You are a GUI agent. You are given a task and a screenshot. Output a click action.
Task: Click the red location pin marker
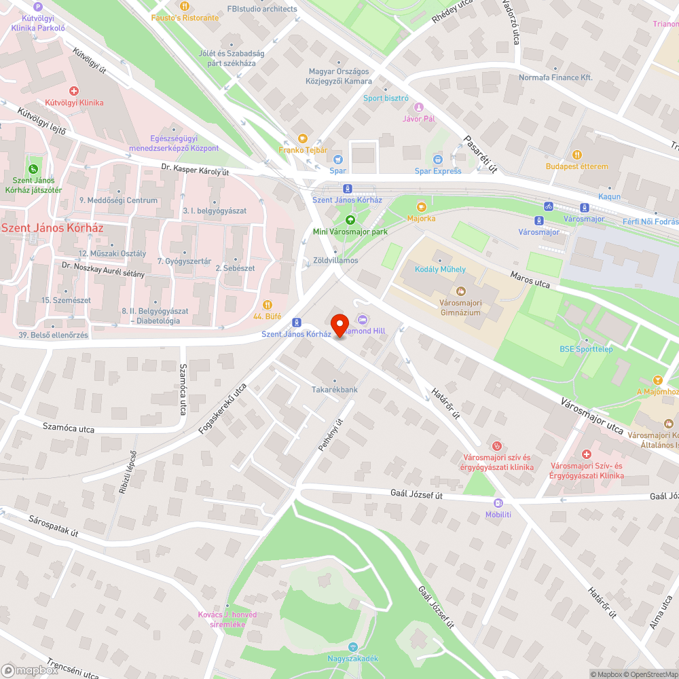(339, 323)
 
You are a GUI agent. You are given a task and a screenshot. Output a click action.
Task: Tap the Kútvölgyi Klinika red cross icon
(74, 90)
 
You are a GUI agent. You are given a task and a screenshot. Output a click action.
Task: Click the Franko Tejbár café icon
(303, 138)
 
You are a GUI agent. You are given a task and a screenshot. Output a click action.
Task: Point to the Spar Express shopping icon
(438, 160)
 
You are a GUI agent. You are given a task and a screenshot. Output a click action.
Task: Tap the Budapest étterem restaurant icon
(577, 155)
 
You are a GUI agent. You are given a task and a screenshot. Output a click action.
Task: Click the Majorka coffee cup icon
(421, 206)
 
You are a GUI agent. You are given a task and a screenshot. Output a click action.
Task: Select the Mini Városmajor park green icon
(350, 219)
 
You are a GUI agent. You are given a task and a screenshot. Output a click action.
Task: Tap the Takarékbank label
(334, 390)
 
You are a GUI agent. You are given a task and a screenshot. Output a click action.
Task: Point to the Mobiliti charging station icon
(498, 503)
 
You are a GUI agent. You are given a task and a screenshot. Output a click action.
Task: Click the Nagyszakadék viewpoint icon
(351, 647)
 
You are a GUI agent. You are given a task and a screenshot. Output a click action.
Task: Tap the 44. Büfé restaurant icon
(267, 305)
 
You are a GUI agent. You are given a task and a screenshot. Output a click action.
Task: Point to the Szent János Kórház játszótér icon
(32, 168)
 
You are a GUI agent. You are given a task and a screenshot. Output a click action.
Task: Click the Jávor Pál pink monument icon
(418, 107)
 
